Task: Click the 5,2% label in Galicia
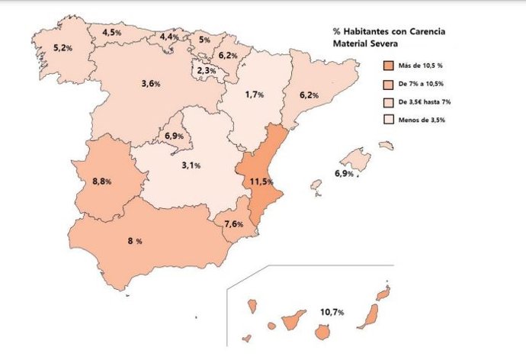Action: pos(63,48)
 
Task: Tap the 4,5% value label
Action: pos(112,33)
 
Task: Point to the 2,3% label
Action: pos(207,70)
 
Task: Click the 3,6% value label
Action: pos(151,83)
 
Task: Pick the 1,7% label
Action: pos(255,95)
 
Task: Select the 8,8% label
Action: pos(102,182)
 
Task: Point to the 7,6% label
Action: pos(233,224)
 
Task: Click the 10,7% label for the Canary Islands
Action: pos(332,312)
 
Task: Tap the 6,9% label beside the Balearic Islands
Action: pos(344,175)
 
